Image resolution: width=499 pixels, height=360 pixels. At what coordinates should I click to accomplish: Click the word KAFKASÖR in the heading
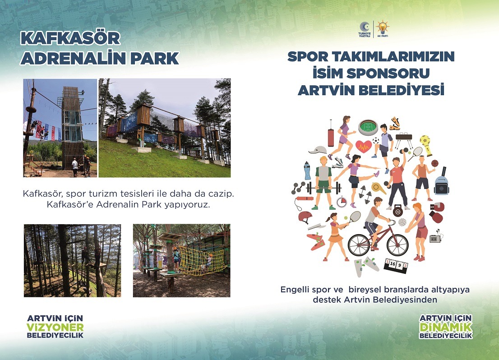tap(70, 38)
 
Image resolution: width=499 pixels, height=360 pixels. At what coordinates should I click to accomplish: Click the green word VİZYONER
tap(55, 327)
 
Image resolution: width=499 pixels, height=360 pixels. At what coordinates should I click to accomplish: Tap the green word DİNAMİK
tap(446, 327)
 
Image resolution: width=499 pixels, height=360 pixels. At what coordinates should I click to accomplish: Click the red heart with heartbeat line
tap(364, 146)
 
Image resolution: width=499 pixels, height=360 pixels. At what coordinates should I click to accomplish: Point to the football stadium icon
tap(368, 127)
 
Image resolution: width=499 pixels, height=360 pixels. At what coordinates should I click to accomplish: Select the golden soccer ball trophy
tap(426, 145)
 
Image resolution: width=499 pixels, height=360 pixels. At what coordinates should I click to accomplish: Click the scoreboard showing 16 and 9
tap(396, 264)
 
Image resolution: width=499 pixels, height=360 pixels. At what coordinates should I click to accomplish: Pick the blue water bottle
tap(307, 171)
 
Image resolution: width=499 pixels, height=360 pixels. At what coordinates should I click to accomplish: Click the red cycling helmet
tap(305, 217)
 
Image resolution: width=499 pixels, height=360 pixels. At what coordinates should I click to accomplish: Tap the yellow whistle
tap(379, 188)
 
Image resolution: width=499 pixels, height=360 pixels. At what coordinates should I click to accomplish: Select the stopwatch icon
tap(342, 202)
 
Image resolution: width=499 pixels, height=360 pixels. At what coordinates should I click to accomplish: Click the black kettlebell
tap(398, 210)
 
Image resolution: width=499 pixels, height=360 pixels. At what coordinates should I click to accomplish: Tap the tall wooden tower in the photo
tap(73, 127)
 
